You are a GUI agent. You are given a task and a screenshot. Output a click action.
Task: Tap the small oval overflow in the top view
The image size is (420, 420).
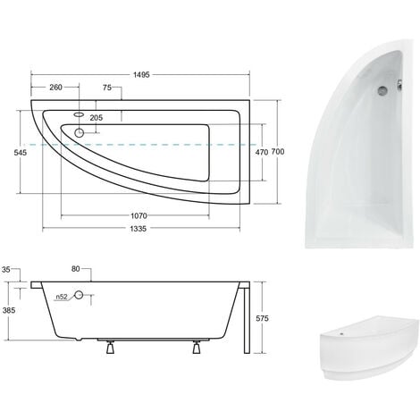[79, 113]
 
